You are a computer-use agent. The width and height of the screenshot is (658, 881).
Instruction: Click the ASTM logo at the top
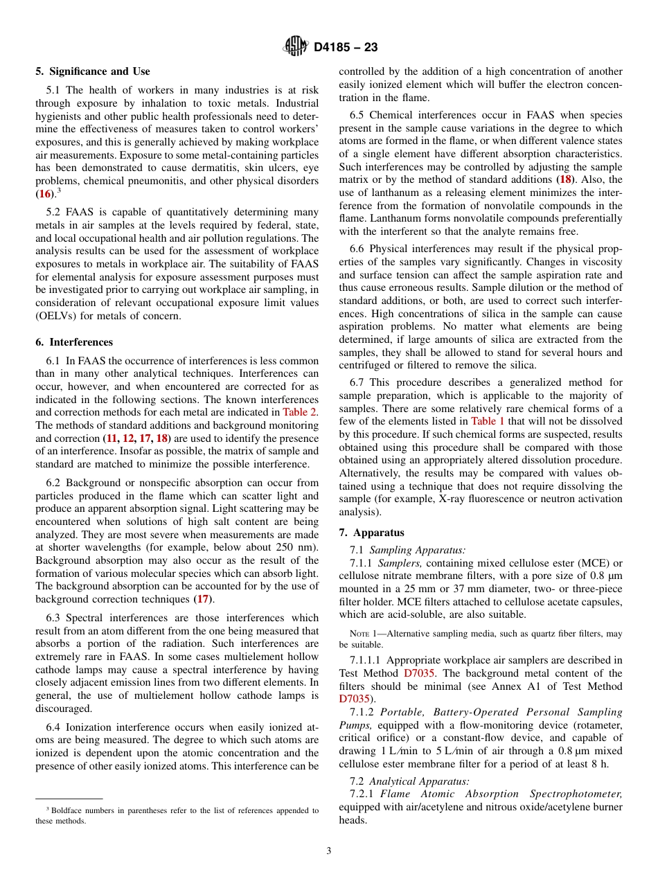(296, 46)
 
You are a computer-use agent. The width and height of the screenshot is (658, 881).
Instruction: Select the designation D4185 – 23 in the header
(346, 47)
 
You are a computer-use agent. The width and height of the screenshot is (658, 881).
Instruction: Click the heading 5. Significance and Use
(93, 71)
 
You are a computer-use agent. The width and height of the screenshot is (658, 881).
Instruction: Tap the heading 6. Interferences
(74, 342)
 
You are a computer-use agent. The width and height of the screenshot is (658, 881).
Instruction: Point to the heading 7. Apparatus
(372, 533)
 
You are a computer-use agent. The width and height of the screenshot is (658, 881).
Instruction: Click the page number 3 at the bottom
(329, 851)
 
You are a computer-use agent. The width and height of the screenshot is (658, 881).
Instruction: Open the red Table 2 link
(301, 412)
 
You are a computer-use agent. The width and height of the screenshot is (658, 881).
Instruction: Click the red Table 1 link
(488, 421)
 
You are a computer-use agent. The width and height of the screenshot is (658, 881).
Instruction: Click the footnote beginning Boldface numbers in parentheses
(177, 815)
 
